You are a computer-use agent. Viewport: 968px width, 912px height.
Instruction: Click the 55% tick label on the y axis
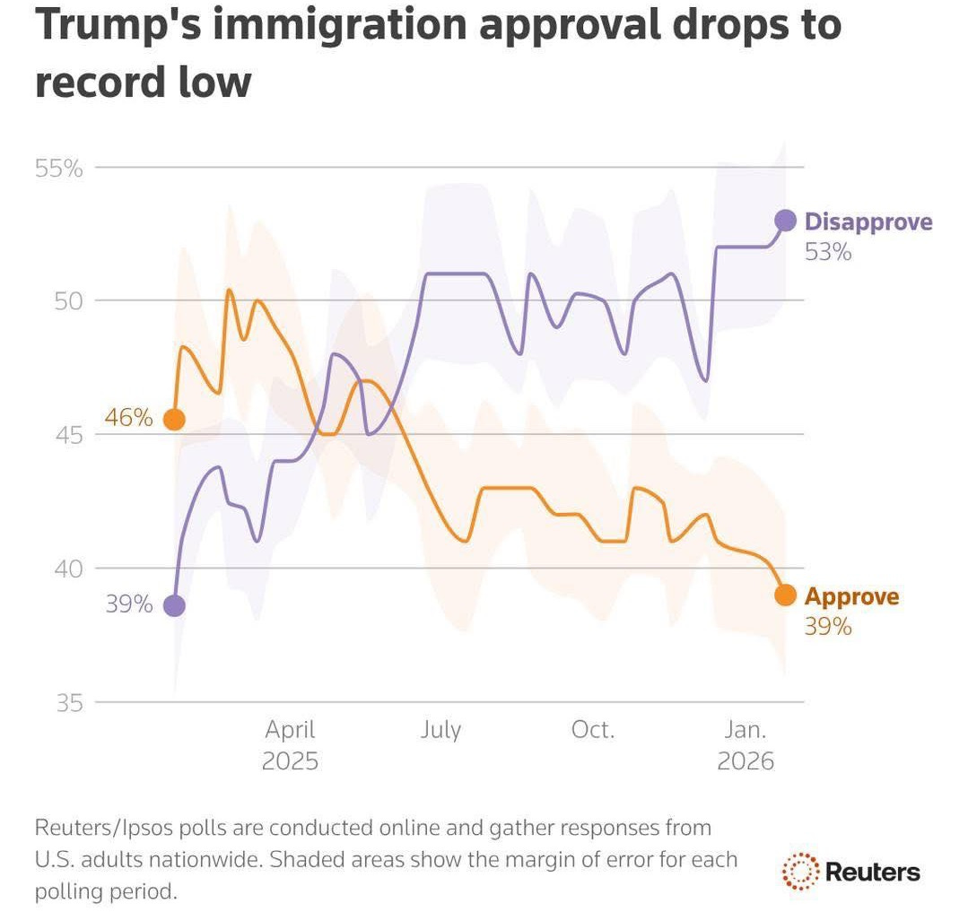pyautogui.click(x=59, y=168)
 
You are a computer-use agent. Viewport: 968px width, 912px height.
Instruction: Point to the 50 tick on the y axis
pyautogui.click(x=69, y=300)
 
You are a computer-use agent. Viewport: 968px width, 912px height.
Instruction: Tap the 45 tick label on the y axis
pyautogui.click(x=69, y=435)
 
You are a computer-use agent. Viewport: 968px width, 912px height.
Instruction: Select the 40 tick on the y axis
pyautogui.click(x=69, y=569)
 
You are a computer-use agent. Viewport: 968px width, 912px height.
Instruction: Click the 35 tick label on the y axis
pyautogui.click(x=69, y=702)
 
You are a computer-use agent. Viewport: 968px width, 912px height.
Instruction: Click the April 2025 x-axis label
pyautogui.click(x=290, y=745)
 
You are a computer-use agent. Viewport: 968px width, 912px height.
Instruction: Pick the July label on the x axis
pyautogui.click(x=440, y=730)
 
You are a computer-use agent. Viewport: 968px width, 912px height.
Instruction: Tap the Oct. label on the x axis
pyautogui.click(x=593, y=730)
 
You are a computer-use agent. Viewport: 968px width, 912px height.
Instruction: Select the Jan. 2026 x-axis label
pyautogui.click(x=745, y=745)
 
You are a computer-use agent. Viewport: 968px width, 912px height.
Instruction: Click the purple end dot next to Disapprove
pyautogui.click(x=785, y=221)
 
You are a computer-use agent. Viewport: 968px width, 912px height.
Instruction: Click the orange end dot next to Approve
pyautogui.click(x=785, y=595)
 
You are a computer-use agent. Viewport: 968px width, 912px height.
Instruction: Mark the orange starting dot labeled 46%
pyautogui.click(x=174, y=419)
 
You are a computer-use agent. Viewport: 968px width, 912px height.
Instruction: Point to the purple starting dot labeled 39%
pyautogui.click(x=174, y=606)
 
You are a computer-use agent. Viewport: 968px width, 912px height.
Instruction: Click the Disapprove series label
pyautogui.click(x=868, y=222)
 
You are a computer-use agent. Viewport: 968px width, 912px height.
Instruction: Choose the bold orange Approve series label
pyautogui.click(x=850, y=596)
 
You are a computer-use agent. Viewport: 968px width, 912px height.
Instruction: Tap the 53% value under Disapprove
pyautogui.click(x=827, y=253)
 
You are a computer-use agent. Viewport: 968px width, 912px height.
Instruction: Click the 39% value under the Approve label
pyautogui.click(x=827, y=627)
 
